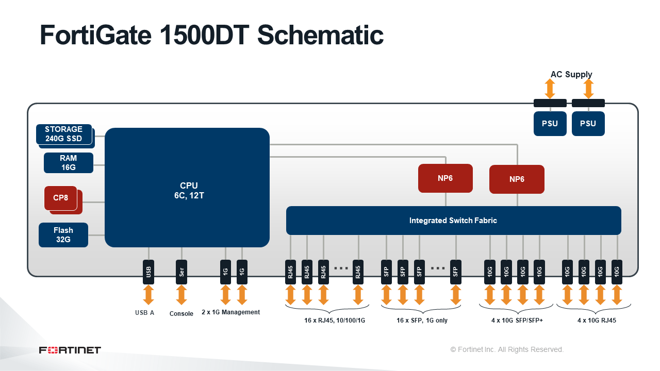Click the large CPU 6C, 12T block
tap(187, 188)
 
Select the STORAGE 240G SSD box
tap(64, 134)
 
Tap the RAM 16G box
tap(69, 163)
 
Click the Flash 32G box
tap(63, 235)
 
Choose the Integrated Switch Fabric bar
tap(453, 221)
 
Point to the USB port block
tap(148, 272)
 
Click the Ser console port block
tap(181, 272)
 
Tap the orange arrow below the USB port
tap(148, 295)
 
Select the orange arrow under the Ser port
tap(181, 295)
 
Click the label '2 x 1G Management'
tap(230, 312)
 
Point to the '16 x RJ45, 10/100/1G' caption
tap(335, 321)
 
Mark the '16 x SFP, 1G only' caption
tap(422, 321)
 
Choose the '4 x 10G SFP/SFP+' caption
tap(517, 321)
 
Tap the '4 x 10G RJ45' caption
tap(597, 321)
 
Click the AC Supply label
tap(571, 75)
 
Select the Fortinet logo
tap(70, 350)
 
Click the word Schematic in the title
tap(320, 35)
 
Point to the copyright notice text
tap(507, 349)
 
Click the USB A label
tap(145, 313)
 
